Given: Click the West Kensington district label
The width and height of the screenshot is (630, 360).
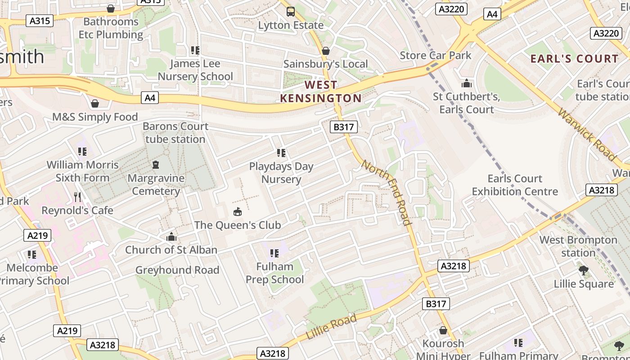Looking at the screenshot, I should click(x=321, y=91).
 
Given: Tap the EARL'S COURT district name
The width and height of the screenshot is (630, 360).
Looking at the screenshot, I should click(x=574, y=59).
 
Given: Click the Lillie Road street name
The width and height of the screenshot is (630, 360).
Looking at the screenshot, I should click(x=331, y=327).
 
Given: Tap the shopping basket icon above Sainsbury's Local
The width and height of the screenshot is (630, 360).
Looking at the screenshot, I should click(x=326, y=51).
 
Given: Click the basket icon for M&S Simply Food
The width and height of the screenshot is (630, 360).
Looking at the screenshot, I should click(x=95, y=104).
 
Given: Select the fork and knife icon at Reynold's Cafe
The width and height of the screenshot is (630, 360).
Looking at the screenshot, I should click(x=77, y=197).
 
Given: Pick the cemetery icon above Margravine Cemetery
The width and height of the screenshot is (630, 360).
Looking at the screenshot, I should click(x=156, y=165).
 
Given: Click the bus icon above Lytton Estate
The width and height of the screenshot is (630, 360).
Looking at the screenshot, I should click(x=291, y=12).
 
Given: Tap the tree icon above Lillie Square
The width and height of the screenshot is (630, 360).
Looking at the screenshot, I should click(x=584, y=270).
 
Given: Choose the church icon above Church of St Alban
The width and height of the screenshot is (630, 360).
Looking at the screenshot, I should click(x=171, y=237).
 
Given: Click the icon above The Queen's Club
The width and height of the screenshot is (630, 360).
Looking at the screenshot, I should click(x=237, y=211).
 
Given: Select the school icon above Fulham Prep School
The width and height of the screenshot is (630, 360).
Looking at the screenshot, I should click(x=274, y=253).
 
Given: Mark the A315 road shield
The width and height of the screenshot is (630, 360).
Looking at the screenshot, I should click(x=40, y=21).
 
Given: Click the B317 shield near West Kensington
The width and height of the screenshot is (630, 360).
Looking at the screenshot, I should click(x=343, y=127).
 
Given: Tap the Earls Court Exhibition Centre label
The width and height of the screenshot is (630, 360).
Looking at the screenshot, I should click(x=515, y=185).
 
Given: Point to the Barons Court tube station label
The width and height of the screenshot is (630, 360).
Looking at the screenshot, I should click(x=175, y=133).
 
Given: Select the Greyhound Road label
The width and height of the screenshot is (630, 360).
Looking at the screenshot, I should click(x=177, y=270).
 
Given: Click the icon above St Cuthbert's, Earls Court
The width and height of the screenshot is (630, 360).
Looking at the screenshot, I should click(x=467, y=83).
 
